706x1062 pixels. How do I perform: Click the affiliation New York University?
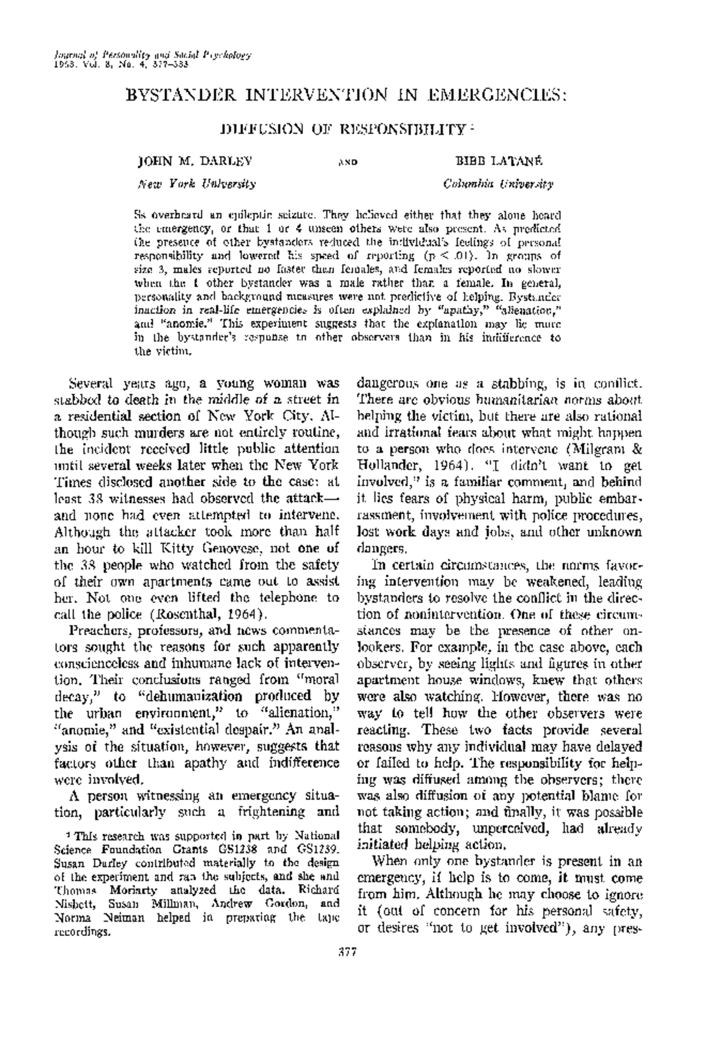tap(196, 184)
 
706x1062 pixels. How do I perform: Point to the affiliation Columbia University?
tap(498, 184)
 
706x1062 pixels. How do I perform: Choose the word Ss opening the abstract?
tap(141, 214)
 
